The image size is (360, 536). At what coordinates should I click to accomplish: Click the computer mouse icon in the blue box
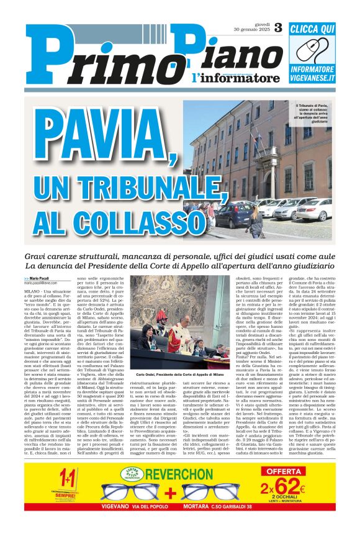320,50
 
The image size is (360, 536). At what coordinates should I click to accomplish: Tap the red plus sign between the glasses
170,494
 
